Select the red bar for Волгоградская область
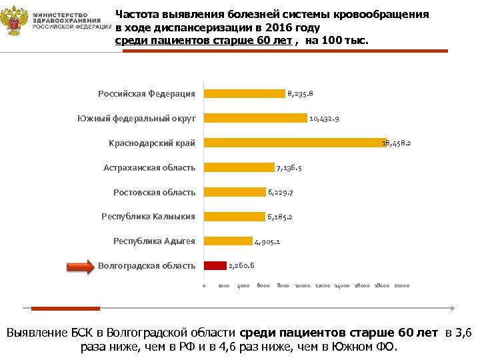click(x=215, y=265)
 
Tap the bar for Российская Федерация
click(x=244, y=93)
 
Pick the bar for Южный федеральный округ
click(x=255, y=118)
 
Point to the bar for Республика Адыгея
click(x=228, y=241)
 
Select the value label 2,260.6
click(x=242, y=266)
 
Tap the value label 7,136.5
click(x=289, y=168)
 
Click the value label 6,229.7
click(x=281, y=193)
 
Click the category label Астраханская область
click(x=149, y=168)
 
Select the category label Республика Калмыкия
click(x=148, y=217)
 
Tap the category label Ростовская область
click(x=154, y=193)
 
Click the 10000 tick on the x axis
click(x=303, y=286)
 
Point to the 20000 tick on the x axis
click(x=401, y=286)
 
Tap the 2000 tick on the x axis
click(x=224, y=286)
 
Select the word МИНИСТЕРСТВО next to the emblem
click(x=71, y=14)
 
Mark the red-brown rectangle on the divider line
click(x=65, y=308)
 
